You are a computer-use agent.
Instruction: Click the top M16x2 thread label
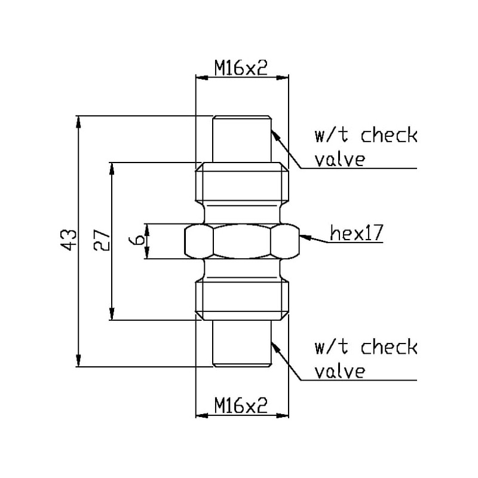coord(241,68)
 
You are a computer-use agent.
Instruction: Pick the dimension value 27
coord(102,240)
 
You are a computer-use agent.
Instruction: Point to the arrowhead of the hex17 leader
coord(302,237)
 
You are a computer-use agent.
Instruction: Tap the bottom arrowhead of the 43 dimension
coord(78,362)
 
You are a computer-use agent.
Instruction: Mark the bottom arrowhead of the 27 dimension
coord(112,315)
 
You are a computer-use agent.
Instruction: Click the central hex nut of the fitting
coord(241,241)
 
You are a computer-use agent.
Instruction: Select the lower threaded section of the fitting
coord(241,299)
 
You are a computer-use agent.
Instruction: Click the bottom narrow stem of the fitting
coord(241,343)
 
